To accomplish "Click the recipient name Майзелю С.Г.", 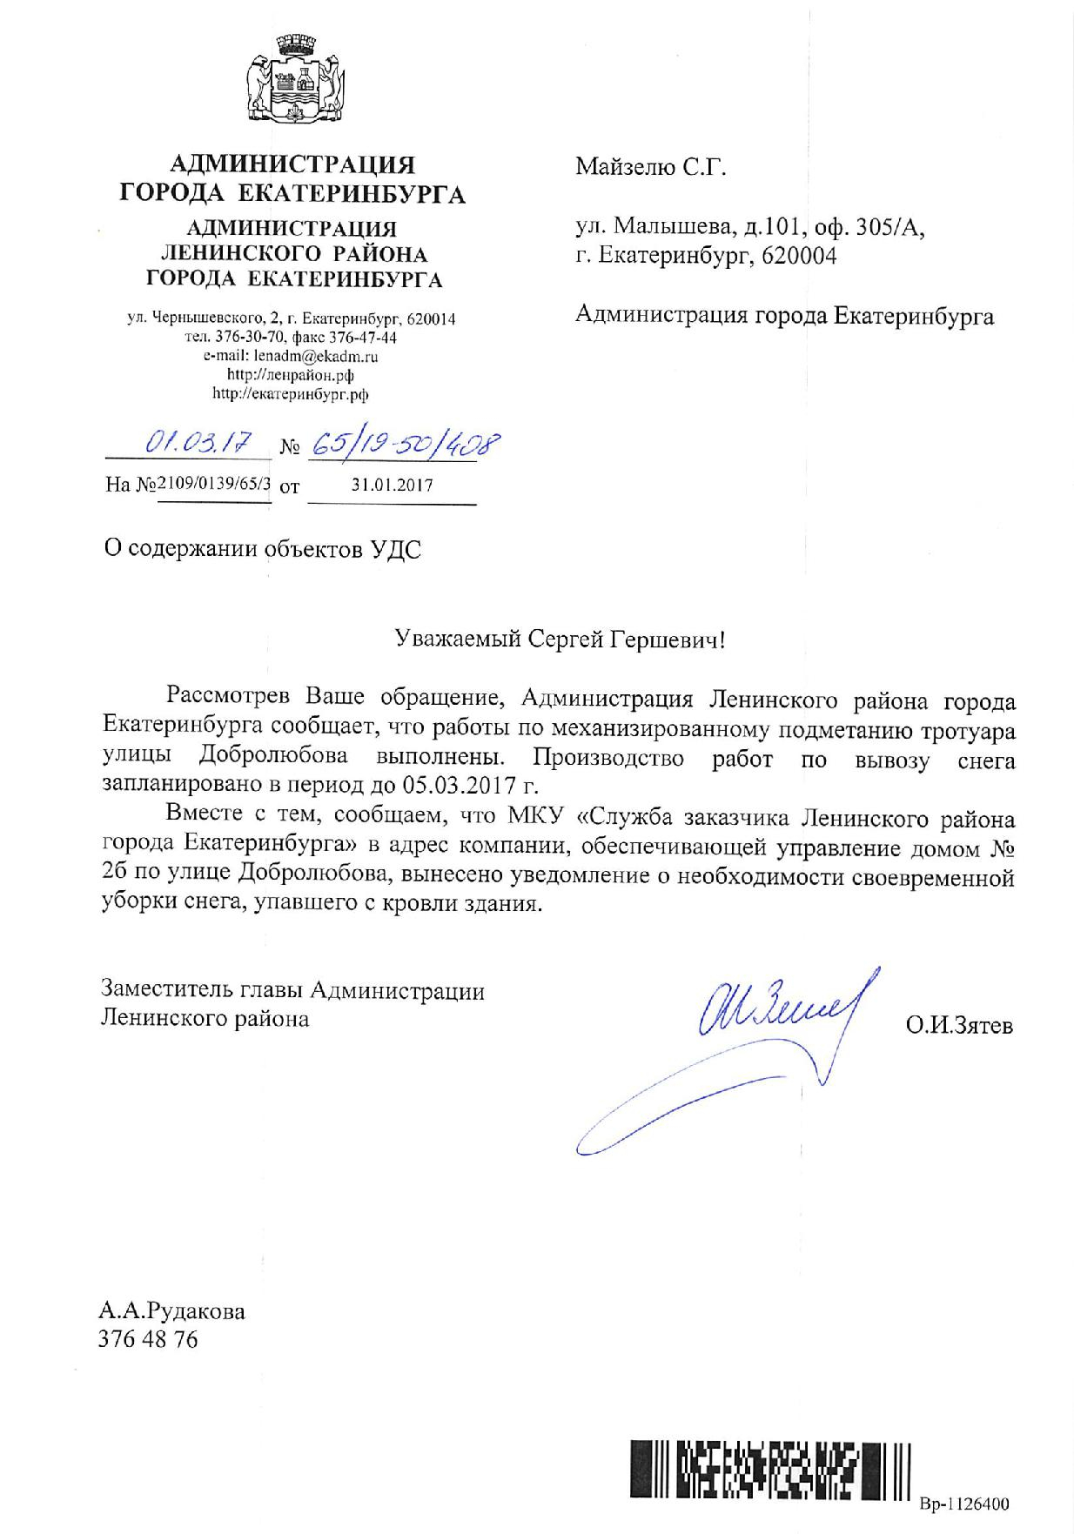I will click(650, 167).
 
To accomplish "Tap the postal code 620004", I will click(798, 257).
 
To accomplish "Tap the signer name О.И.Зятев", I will click(959, 1027).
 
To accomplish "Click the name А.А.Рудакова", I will click(173, 1311).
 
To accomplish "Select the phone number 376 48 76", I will click(150, 1339).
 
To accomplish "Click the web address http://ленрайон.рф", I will click(290, 374).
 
